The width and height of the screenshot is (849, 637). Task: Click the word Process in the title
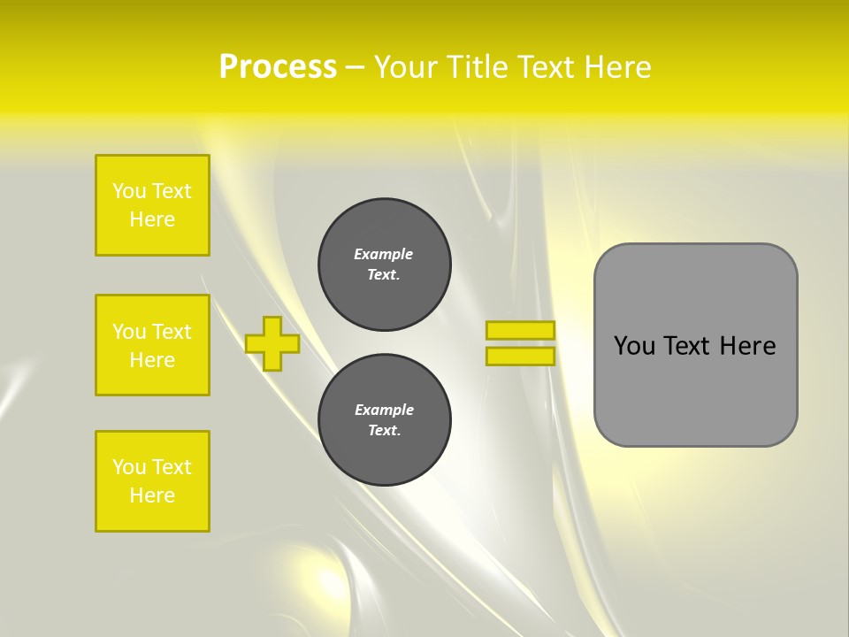(278, 66)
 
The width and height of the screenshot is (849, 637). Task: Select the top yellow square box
(152, 205)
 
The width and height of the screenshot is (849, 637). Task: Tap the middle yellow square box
(152, 345)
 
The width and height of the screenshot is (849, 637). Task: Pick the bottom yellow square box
(152, 481)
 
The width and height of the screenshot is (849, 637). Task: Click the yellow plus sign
(272, 343)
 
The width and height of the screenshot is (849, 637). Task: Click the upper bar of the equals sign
(521, 330)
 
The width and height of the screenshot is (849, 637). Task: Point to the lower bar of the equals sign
(521, 357)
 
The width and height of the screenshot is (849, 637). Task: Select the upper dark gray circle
(385, 265)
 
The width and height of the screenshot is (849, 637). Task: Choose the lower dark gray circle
(385, 420)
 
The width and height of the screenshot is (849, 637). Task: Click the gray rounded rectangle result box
(695, 345)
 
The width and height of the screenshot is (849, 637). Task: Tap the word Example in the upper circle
(384, 254)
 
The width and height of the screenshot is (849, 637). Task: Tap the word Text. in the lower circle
(384, 431)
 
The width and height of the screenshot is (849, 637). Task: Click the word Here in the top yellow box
(152, 219)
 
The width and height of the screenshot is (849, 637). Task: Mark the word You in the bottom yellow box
(129, 467)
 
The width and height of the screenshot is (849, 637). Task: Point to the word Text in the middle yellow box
(171, 332)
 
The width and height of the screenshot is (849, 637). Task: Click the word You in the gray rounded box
(633, 346)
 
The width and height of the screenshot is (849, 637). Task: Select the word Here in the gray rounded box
(747, 346)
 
